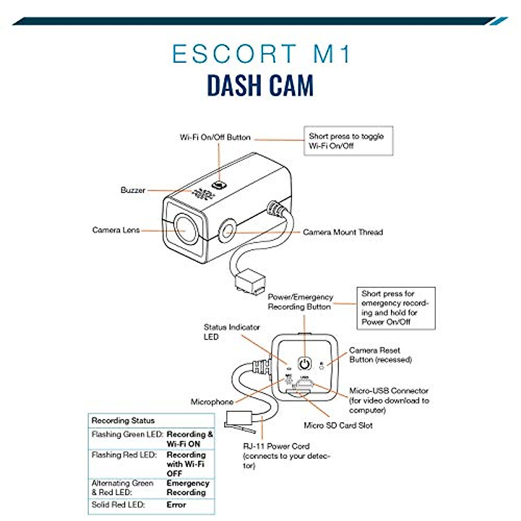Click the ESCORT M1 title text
[261, 54]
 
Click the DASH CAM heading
[260, 86]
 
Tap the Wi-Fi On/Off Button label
[215, 138]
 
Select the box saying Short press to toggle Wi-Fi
[348, 141]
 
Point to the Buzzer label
[133, 190]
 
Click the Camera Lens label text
[116, 230]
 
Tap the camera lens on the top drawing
[185, 229]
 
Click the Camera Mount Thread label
[343, 232]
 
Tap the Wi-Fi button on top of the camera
[219, 185]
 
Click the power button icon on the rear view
[305, 363]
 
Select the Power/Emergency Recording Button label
[300, 302]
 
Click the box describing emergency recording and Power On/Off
[396, 308]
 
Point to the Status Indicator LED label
[231, 332]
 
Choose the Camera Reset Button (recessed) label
[380, 355]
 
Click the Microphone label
[212, 402]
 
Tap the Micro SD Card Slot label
[338, 425]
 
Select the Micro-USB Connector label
[389, 400]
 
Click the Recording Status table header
[123, 421]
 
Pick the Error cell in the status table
[176, 505]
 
